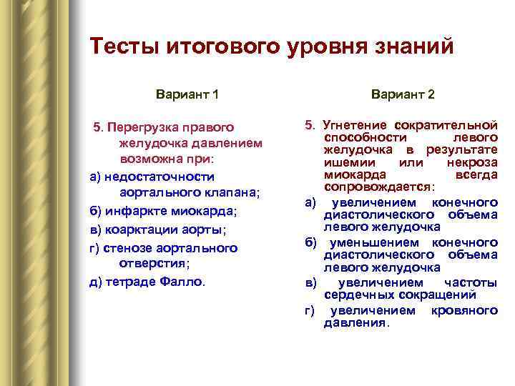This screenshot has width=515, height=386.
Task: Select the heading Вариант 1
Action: tap(187, 94)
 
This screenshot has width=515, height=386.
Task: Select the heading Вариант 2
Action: tap(403, 94)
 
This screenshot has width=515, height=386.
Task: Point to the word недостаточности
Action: tap(160, 176)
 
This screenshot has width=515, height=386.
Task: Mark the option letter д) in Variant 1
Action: tap(96, 281)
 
